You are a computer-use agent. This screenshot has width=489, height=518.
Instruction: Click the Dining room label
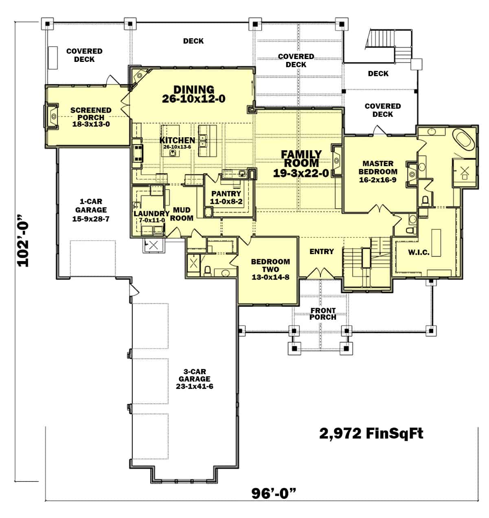click(193, 89)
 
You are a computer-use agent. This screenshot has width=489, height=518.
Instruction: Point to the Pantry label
click(226, 194)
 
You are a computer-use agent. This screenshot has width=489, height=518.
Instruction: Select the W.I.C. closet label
click(419, 252)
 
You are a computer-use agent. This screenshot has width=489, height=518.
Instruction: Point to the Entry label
click(322, 252)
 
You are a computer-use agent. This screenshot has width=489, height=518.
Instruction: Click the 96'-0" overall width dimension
click(273, 494)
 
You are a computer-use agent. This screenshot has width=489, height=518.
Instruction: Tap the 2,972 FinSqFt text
click(371, 433)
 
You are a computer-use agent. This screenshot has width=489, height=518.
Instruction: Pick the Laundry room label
click(151, 214)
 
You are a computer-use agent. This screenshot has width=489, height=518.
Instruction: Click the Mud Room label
click(182, 214)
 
